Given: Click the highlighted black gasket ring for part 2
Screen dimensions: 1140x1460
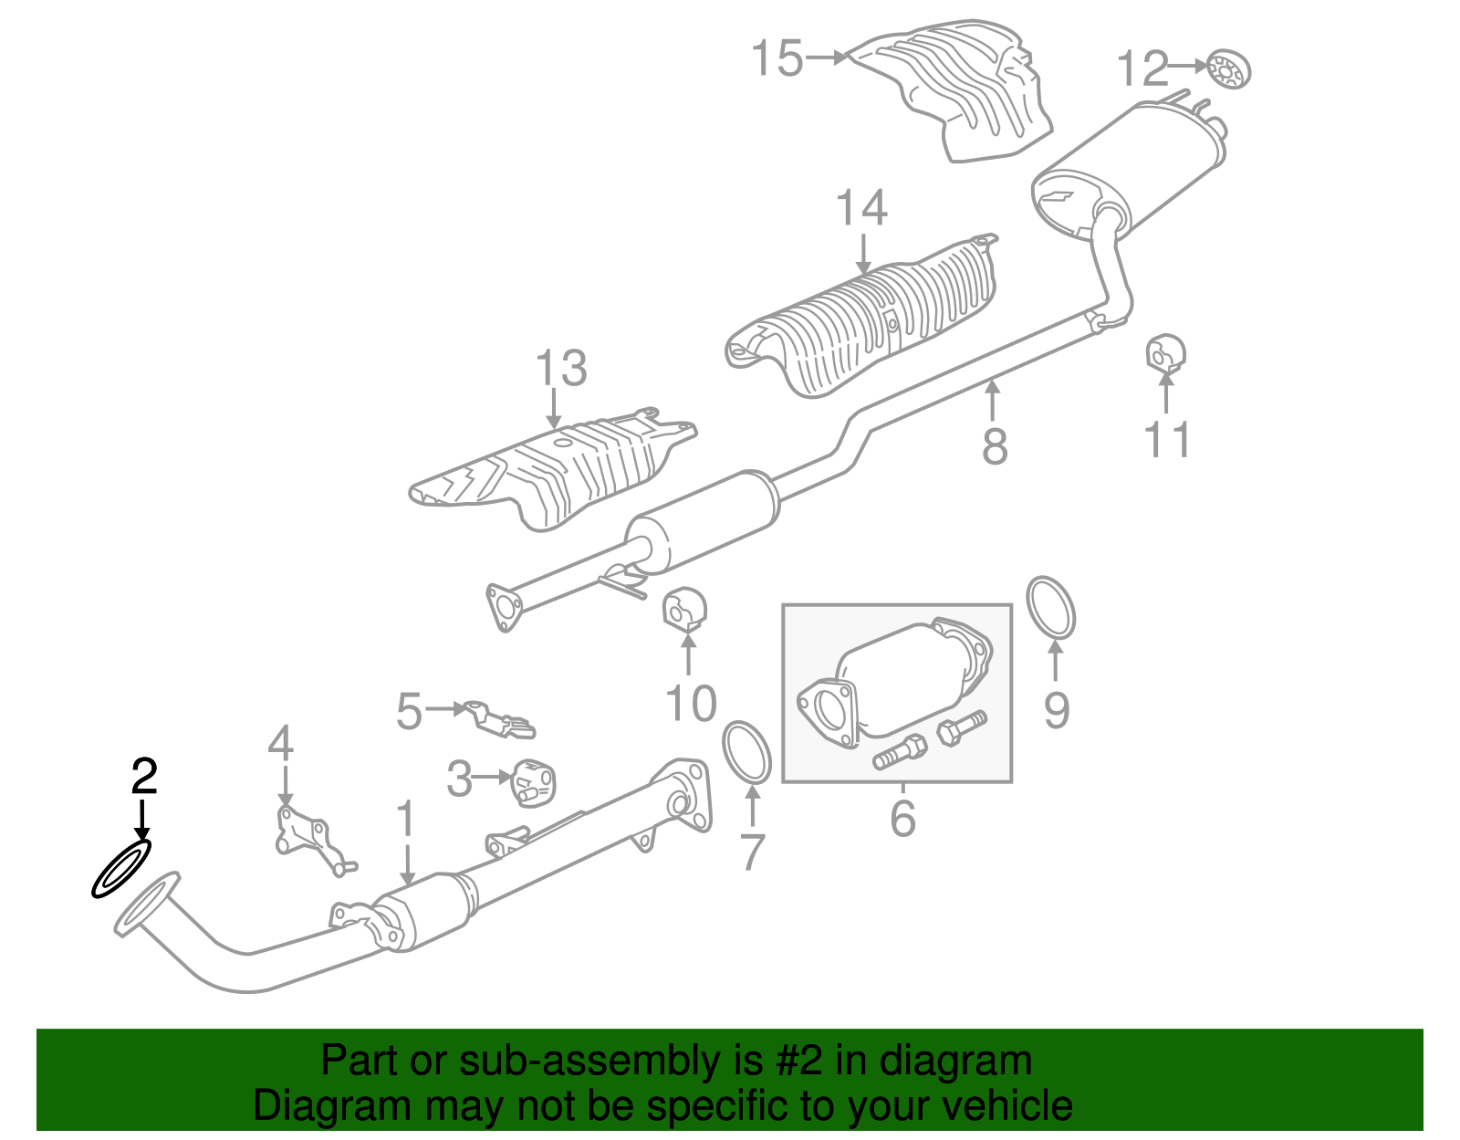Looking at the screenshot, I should pyautogui.click(x=120, y=868).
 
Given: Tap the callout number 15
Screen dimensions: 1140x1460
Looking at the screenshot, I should pyautogui.click(x=777, y=58).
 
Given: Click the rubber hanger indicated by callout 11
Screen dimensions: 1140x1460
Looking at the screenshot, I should pyautogui.click(x=1164, y=353).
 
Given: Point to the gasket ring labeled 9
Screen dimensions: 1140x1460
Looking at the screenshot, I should pyautogui.click(x=1050, y=608).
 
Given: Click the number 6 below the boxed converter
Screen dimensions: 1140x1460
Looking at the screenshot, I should pyautogui.click(x=902, y=818).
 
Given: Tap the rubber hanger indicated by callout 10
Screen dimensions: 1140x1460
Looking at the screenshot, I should pyautogui.click(x=685, y=610).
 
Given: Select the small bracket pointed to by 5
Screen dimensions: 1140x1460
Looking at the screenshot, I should pyautogui.click(x=499, y=718).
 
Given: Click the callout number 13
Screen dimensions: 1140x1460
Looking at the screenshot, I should pyautogui.click(x=560, y=369).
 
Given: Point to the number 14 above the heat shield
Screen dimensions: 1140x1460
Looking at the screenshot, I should pyautogui.click(x=861, y=209).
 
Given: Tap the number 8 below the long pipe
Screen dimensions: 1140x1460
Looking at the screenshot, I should pyautogui.click(x=995, y=446).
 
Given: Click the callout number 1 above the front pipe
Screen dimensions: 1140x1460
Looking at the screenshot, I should pyautogui.click(x=405, y=819).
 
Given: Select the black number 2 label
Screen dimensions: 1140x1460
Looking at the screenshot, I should pyautogui.click(x=144, y=776).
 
